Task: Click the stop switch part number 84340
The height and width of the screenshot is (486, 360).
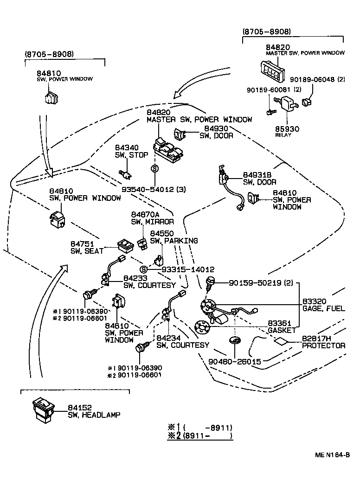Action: click(x=127, y=147)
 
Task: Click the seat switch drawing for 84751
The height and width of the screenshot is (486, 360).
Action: click(x=125, y=243)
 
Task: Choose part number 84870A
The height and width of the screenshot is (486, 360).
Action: click(x=146, y=214)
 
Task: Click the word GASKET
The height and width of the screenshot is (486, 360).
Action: click(x=282, y=330)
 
